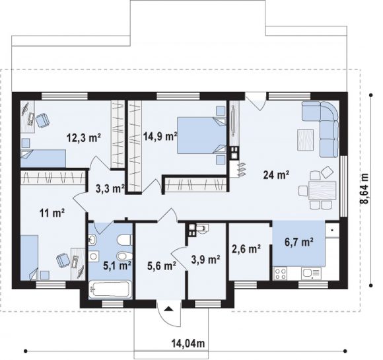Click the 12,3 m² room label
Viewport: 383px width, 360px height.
(x=84, y=138)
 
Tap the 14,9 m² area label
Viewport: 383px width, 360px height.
(x=160, y=136)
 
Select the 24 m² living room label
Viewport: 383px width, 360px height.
(x=276, y=175)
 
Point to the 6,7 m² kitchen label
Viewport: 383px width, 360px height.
(x=299, y=242)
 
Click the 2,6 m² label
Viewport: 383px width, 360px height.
(x=246, y=249)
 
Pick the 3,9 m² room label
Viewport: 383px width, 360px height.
(x=205, y=260)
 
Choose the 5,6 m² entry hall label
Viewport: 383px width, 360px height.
(x=162, y=265)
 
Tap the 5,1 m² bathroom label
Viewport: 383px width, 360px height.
(x=118, y=265)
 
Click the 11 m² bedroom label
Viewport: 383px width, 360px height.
(x=52, y=213)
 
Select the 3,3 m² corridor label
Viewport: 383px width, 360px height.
(x=110, y=188)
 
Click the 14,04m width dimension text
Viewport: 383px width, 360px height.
(x=188, y=343)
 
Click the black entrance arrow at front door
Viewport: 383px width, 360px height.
(x=168, y=309)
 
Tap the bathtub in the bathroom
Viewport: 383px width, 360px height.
(x=110, y=289)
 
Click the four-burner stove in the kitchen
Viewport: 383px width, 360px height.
(x=281, y=273)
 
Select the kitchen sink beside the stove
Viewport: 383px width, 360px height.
(x=312, y=273)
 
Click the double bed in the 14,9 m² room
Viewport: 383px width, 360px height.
(x=201, y=135)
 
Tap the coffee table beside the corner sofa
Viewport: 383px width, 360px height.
(x=305, y=140)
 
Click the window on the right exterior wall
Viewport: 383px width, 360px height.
(x=343, y=186)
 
